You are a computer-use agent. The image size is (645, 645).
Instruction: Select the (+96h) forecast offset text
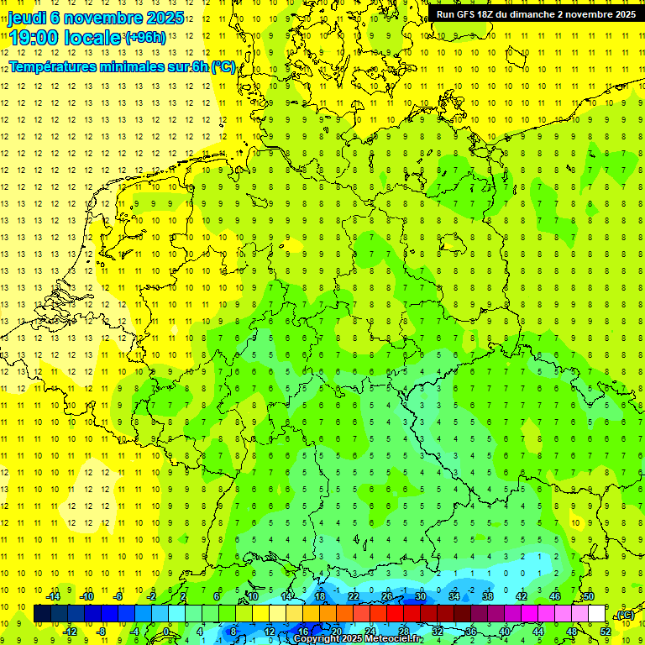click(144, 38)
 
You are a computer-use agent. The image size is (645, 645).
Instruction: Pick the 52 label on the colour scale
click(606, 631)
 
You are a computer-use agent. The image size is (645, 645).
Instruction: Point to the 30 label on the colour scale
click(420, 596)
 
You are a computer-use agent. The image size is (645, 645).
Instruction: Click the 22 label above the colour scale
click(354, 596)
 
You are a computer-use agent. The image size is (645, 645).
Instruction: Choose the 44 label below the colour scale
click(538, 631)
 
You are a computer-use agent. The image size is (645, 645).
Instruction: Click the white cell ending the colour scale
click(597, 613)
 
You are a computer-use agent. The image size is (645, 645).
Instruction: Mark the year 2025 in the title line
click(160, 17)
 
